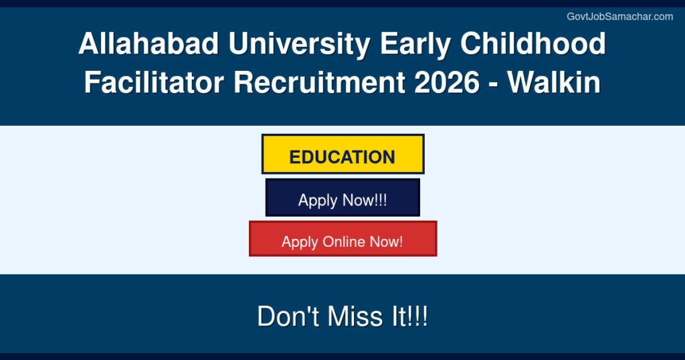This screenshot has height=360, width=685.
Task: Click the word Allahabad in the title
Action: (x=139, y=45)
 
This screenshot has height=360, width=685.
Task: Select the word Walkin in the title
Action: (x=553, y=83)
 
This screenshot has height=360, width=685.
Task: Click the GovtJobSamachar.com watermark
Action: (x=619, y=17)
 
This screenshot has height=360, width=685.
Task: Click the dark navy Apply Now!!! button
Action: (x=342, y=198)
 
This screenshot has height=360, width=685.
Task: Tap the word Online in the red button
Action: (x=350, y=242)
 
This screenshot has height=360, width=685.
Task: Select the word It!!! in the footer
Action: (x=409, y=317)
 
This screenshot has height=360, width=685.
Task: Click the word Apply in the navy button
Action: (x=318, y=201)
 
